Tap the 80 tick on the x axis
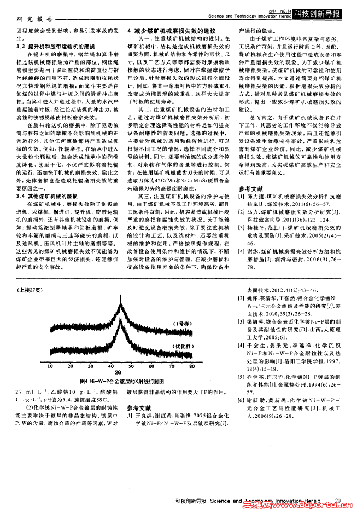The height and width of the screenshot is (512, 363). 192,364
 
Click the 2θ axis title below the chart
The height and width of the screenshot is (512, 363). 118,371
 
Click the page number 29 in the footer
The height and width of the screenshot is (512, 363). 338,500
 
